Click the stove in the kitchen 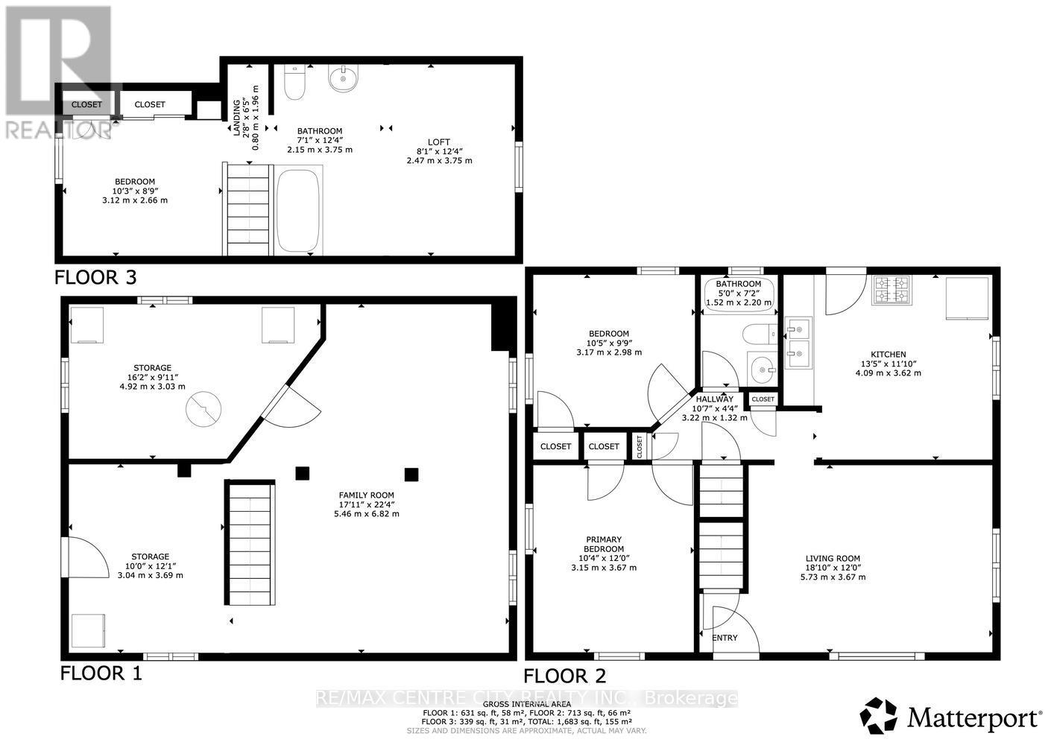[892, 292]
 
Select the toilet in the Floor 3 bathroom [295, 82]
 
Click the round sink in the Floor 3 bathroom [344, 77]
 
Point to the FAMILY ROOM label [366, 495]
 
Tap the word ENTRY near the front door [725, 638]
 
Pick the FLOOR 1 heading [101, 673]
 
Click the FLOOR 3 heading [95, 278]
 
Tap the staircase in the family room [250, 543]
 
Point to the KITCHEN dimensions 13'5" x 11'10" [889, 364]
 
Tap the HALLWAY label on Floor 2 [714, 399]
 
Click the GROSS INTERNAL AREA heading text [526, 704]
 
